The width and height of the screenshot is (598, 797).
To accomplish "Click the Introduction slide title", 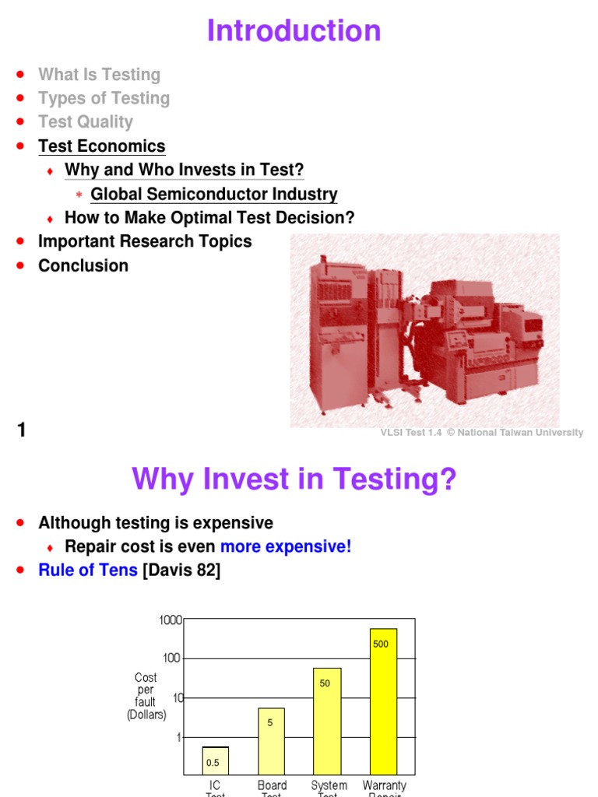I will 294,31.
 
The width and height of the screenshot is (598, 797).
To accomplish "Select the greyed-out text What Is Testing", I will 99,75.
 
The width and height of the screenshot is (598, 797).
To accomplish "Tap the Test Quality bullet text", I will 86,122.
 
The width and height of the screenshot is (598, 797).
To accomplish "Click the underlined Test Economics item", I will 102,146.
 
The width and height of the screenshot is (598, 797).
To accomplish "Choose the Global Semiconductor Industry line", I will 214,195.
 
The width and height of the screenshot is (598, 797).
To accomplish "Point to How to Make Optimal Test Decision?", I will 209,218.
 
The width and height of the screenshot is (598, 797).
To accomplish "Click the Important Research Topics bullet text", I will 145,241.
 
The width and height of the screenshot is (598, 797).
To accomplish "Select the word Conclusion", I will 83,265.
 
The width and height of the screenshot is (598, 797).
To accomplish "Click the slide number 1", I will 22,429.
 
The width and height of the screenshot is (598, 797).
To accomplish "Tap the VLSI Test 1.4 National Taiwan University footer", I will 481,433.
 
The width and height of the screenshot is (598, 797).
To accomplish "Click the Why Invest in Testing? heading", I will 294,479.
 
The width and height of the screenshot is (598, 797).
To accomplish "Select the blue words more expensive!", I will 286,546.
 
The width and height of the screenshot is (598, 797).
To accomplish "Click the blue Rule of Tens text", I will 88,570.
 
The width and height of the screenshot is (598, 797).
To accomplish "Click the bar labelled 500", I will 383,700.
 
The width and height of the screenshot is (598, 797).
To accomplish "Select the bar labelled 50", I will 327,720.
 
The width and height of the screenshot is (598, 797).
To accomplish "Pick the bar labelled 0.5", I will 216,760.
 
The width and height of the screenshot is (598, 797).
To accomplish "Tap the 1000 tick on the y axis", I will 171,620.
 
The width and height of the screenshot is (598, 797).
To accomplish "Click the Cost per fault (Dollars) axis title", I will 146,697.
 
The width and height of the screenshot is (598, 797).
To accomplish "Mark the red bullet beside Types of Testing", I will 21,99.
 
